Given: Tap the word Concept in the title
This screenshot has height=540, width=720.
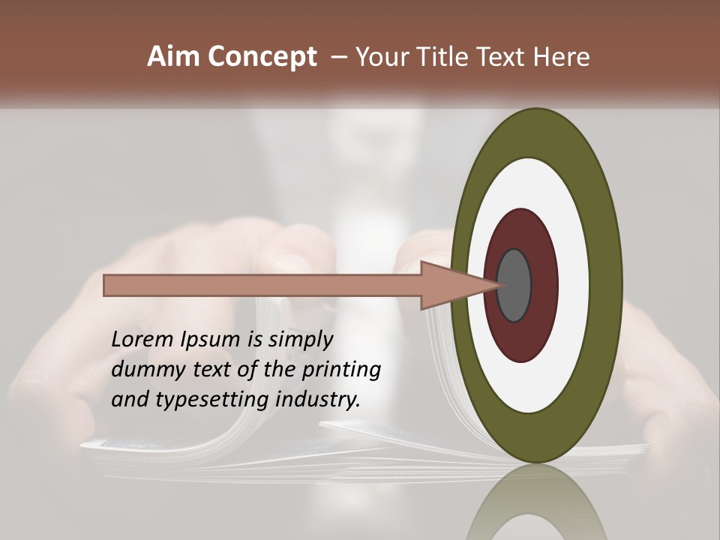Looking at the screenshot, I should [x=262, y=57].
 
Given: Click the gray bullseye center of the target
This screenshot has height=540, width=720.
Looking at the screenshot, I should [x=514, y=285].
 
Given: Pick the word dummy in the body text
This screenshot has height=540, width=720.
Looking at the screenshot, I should [x=145, y=370].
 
